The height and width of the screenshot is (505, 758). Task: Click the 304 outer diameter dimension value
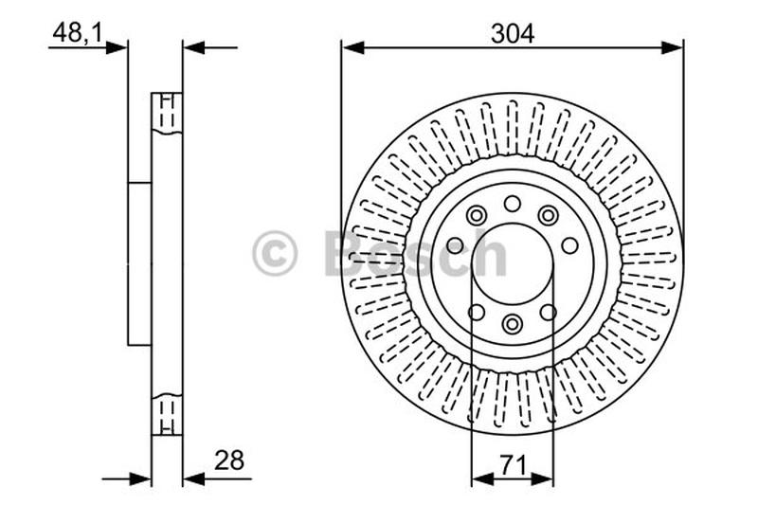pyautogui.click(x=513, y=33)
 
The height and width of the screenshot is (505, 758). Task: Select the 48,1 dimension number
pyautogui.click(x=78, y=33)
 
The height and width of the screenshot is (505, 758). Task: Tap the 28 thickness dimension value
pyautogui.click(x=228, y=460)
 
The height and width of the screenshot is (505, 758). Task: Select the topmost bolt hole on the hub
pyautogui.click(x=513, y=203)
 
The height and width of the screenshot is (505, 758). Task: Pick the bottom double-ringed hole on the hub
pyautogui.click(x=513, y=324)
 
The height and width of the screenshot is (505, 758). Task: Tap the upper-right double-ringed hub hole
pyautogui.click(x=548, y=216)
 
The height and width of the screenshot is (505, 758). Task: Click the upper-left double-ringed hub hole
pyautogui.click(x=476, y=216)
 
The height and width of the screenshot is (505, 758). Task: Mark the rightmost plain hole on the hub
pyautogui.click(x=569, y=245)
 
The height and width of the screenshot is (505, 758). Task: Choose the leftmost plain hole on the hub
pyautogui.click(x=455, y=245)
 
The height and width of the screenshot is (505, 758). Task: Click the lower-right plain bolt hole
pyautogui.click(x=548, y=312)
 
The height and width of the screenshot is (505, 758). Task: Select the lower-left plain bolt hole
pyautogui.click(x=477, y=312)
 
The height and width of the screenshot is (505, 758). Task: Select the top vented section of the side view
pyautogui.click(x=167, y=114)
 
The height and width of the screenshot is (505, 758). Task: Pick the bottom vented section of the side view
pyautogui.click(x=167, y=413)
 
